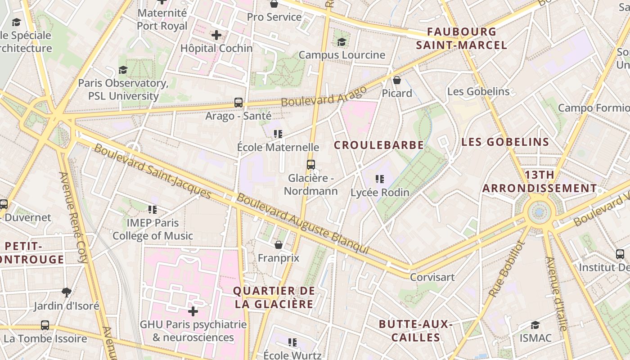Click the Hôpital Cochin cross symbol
click(x=216, y=35)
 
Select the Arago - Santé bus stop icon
click(x=238, y=103)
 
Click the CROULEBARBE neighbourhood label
click(x=379, y=145)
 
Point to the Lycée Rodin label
click(x=380, y=193)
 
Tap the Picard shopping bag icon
click(x=397, y=80)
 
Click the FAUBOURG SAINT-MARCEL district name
click(x=462, y=38)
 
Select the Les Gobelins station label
click(x=478, y=91)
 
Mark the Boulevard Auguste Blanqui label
click(x=303, y=224)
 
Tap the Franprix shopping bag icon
click(x=279, y=245)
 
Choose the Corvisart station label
click(x=432, y=277)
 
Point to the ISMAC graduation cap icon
click(x=535, y=325)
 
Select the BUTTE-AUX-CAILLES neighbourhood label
click(x=415, y=331)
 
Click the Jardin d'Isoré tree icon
click(x=67, y=292)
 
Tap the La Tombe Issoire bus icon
click(x=45, y=325)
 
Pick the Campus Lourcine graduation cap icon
click(x=342, y=42)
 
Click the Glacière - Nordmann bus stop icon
click(x=311, y=164)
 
